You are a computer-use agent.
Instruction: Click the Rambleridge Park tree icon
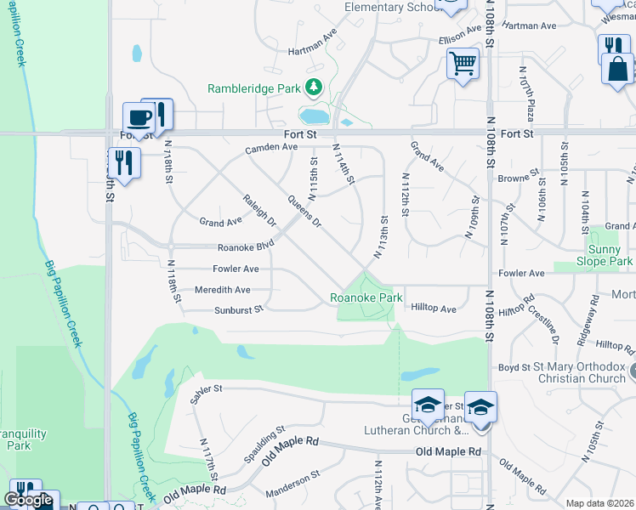point(315,87)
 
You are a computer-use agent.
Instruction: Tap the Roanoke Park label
point(366,297)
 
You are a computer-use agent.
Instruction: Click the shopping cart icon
point(463,62)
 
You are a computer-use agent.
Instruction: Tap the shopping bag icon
point(617,68)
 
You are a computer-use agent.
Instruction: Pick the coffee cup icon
point(138,116)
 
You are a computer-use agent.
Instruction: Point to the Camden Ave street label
point(271,148)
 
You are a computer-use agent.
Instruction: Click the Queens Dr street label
point(304,212)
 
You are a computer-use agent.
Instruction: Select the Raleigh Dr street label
point(260,209)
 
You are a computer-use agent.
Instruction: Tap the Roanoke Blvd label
point(246,246)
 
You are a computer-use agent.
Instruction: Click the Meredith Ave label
point(223,290)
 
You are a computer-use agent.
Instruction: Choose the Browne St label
point(518,178)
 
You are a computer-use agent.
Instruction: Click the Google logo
point(28,501)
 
